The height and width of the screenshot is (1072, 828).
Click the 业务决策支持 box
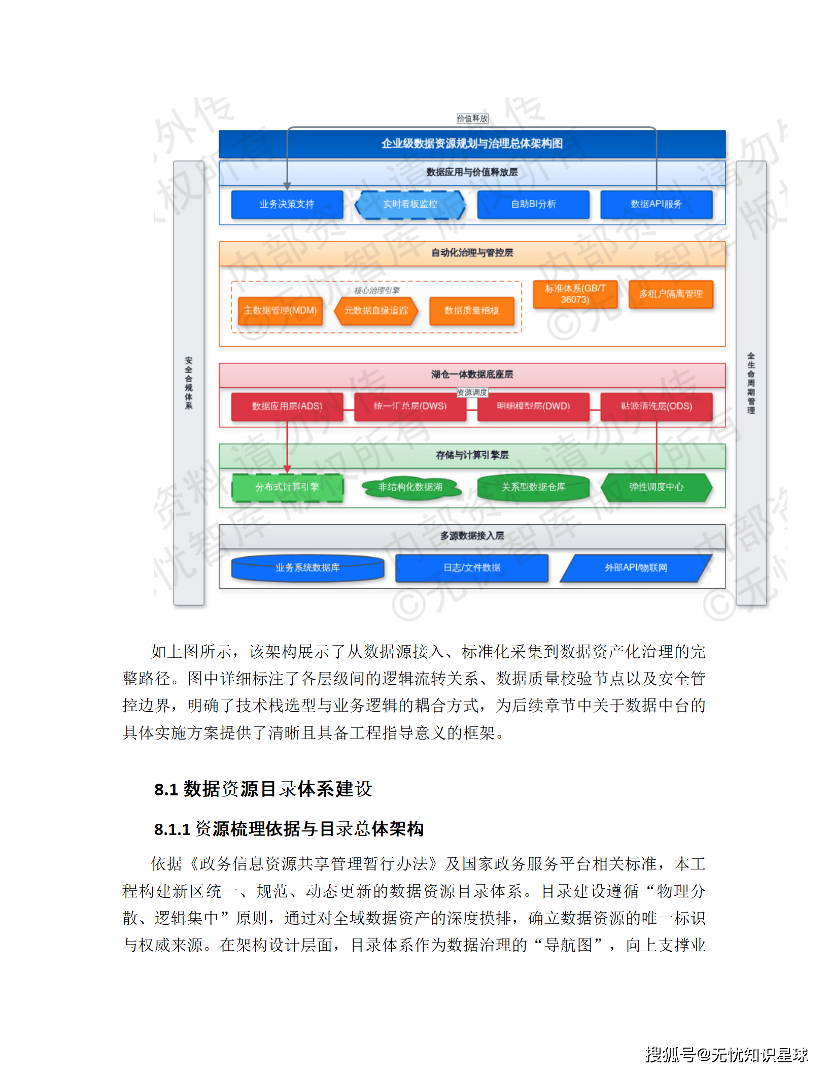pos(287,205)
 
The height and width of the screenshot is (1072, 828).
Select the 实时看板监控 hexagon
pos(410,205)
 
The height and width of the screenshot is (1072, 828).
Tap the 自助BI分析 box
pos(533,205)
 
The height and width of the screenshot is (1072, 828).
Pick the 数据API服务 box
pos(656,205)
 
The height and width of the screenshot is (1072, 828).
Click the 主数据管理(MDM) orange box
pos(280,311)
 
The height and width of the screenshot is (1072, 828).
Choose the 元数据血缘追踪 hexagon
pos(376,311)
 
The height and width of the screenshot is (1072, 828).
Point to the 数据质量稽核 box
pos(471,311)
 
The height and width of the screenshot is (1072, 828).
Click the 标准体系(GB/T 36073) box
pos(575,294)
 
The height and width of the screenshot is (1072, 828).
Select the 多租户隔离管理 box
pos(671,294)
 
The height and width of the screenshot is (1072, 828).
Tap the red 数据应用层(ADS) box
pos(287,407)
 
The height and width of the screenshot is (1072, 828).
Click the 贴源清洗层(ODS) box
pos(656,407)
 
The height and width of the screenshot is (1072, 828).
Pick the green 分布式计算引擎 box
pos(287,487)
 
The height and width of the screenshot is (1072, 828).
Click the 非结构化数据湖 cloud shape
pos(410,487)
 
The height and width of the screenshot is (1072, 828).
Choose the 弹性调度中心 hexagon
pos(656,487)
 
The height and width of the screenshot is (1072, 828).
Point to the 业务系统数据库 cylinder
pos(307,568)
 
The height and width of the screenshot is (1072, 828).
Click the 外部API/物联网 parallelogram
pos(636,568)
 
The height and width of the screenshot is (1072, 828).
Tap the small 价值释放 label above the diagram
pos(472,119)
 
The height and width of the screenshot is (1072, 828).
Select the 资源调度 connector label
pos(472,392)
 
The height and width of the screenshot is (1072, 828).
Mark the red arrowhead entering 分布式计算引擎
pos(287,469)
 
